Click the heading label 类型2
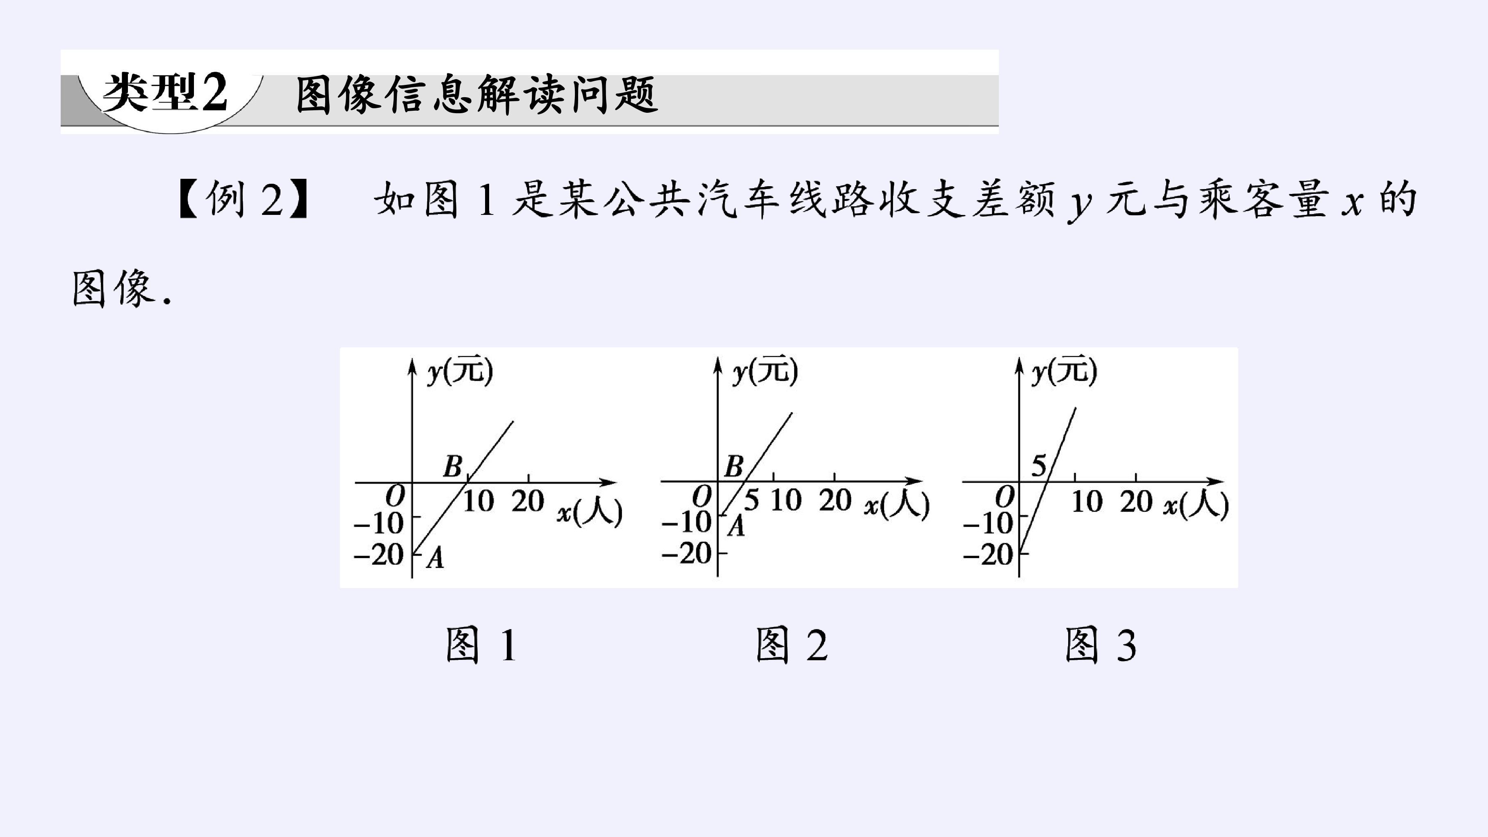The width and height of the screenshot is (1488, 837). [165, 92]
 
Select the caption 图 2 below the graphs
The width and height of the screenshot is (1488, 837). [792, 645]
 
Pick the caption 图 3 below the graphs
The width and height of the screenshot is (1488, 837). [1101, 645]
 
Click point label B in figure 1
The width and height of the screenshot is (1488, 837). [453, 466]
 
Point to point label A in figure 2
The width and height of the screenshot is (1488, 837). [735, 526]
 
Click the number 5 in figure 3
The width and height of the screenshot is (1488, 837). [1039, 465]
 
